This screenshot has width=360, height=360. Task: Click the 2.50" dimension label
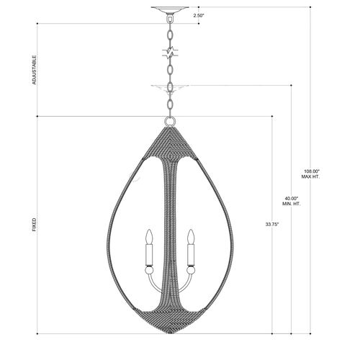click(199, 16)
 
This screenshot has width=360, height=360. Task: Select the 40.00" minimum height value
click(292, 199)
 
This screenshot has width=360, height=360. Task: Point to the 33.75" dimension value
click(272, 225)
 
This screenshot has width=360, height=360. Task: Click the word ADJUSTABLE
click(35, 70)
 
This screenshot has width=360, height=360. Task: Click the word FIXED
click(35, 225)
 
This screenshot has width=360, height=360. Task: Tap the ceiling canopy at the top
click(170, 9)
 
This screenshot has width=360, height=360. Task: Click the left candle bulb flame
click(150, 237)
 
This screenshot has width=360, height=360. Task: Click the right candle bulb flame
click(191, 237)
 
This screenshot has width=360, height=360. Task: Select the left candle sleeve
click(149, 255)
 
